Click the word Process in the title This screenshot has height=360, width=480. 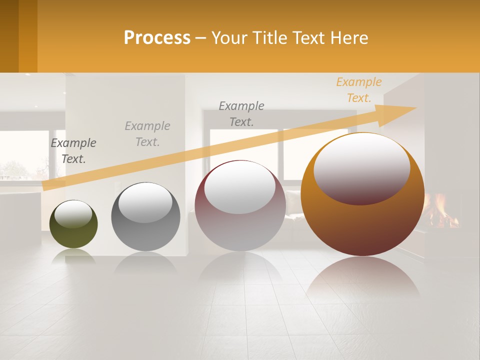[x=157, y=38]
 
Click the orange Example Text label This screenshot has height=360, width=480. [x=358, y=90]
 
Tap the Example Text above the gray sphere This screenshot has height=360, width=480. [x=147, y=134]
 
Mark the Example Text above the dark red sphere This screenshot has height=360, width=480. [x=241, y=114]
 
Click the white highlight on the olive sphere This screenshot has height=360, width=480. [x=73, y=214]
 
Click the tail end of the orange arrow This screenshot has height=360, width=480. [x=47, y=186]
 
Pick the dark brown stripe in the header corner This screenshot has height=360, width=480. [x=9, y=36]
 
